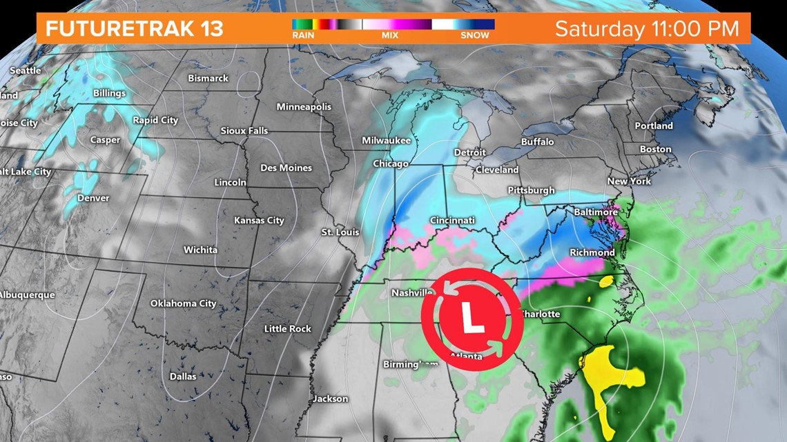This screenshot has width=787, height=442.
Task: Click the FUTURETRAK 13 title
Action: click(x=135, y=29)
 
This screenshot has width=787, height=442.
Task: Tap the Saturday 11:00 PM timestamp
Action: click(x=647, y=29)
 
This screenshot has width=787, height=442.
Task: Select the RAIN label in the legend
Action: click(x=303, y=35)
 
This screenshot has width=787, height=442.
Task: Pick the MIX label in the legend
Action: click(x=390, y=35)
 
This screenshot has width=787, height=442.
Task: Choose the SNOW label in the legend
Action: click(x=476, y=35)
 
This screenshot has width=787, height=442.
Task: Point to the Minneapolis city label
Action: click(x=304, y=107)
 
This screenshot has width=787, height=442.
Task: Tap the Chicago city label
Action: click(x=391, y=164)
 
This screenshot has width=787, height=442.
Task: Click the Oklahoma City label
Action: click(x=183, y=303)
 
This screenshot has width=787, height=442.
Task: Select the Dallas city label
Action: click(x=183, y=376)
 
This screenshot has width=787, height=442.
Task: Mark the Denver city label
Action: click(x=93, y=198)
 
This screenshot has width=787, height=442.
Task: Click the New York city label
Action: click(x=629, y=181)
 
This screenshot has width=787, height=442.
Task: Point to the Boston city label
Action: click(x=655, y=149)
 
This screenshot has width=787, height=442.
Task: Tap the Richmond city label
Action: click(x=592, y=252)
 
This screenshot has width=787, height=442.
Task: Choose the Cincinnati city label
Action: click(x=451, y=221)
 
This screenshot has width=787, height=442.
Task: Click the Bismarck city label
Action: click(x=208, y=79)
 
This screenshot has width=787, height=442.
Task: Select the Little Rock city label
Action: click(x=287, y=329)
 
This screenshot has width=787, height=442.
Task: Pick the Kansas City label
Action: click(x=259, y=221)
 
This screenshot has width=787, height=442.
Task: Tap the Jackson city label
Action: click(x=330, y=399)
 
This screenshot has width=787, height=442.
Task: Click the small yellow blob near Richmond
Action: click(x=606, y=281)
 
